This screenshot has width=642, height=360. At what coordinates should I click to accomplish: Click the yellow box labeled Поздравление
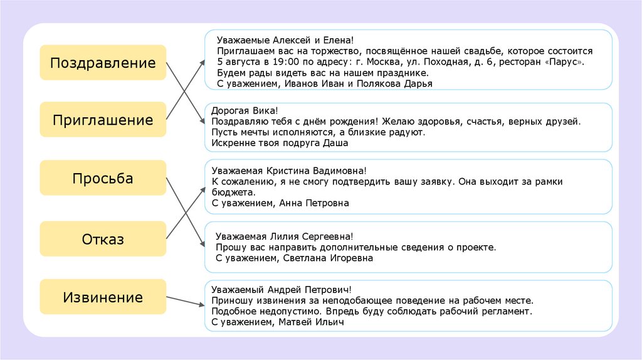pyautogui.click(x=103, y=63)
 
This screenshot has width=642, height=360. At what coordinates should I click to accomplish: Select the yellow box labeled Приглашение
pyautogui.click(x=103, y=120)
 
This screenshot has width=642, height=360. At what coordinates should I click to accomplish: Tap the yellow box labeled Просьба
pyautogui.click(x=103, y=178)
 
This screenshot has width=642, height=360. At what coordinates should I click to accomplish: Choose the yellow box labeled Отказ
pyautogui.click(x=103, y=239)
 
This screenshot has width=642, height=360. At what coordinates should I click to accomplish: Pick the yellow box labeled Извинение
pyautogui.click(x=103, y=297)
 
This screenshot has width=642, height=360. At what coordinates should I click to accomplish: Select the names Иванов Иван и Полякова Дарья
pyautogui.click(x=359, y=83)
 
